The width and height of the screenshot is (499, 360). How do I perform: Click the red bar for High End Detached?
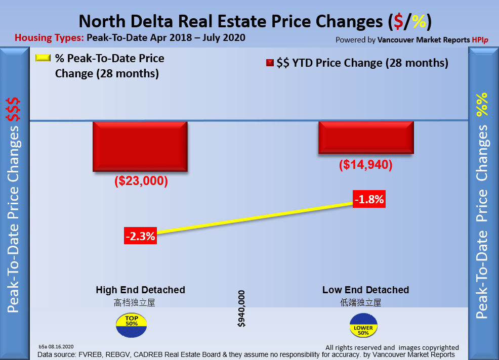[140, 147]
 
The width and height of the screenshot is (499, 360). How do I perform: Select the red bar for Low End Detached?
[366, 138]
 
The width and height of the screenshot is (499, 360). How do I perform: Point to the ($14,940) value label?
[366, 165]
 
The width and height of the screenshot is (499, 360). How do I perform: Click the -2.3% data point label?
[140, 236]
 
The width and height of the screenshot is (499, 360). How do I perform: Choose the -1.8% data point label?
[369, 199]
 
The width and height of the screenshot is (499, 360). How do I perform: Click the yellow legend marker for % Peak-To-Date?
[44, 58]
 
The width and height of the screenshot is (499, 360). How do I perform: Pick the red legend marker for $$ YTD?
[270, 63]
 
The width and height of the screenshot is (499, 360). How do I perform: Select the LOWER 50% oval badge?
[363, 326]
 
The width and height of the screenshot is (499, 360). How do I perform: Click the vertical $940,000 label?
[241, 308]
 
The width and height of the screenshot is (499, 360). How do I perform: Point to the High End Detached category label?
[140, 290]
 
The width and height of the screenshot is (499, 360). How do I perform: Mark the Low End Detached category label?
[365, 290]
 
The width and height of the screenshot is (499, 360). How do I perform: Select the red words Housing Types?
[49, 38]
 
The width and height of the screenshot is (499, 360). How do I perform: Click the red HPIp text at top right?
[480, 39]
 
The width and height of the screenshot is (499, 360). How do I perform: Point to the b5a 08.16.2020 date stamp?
[56, 346]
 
